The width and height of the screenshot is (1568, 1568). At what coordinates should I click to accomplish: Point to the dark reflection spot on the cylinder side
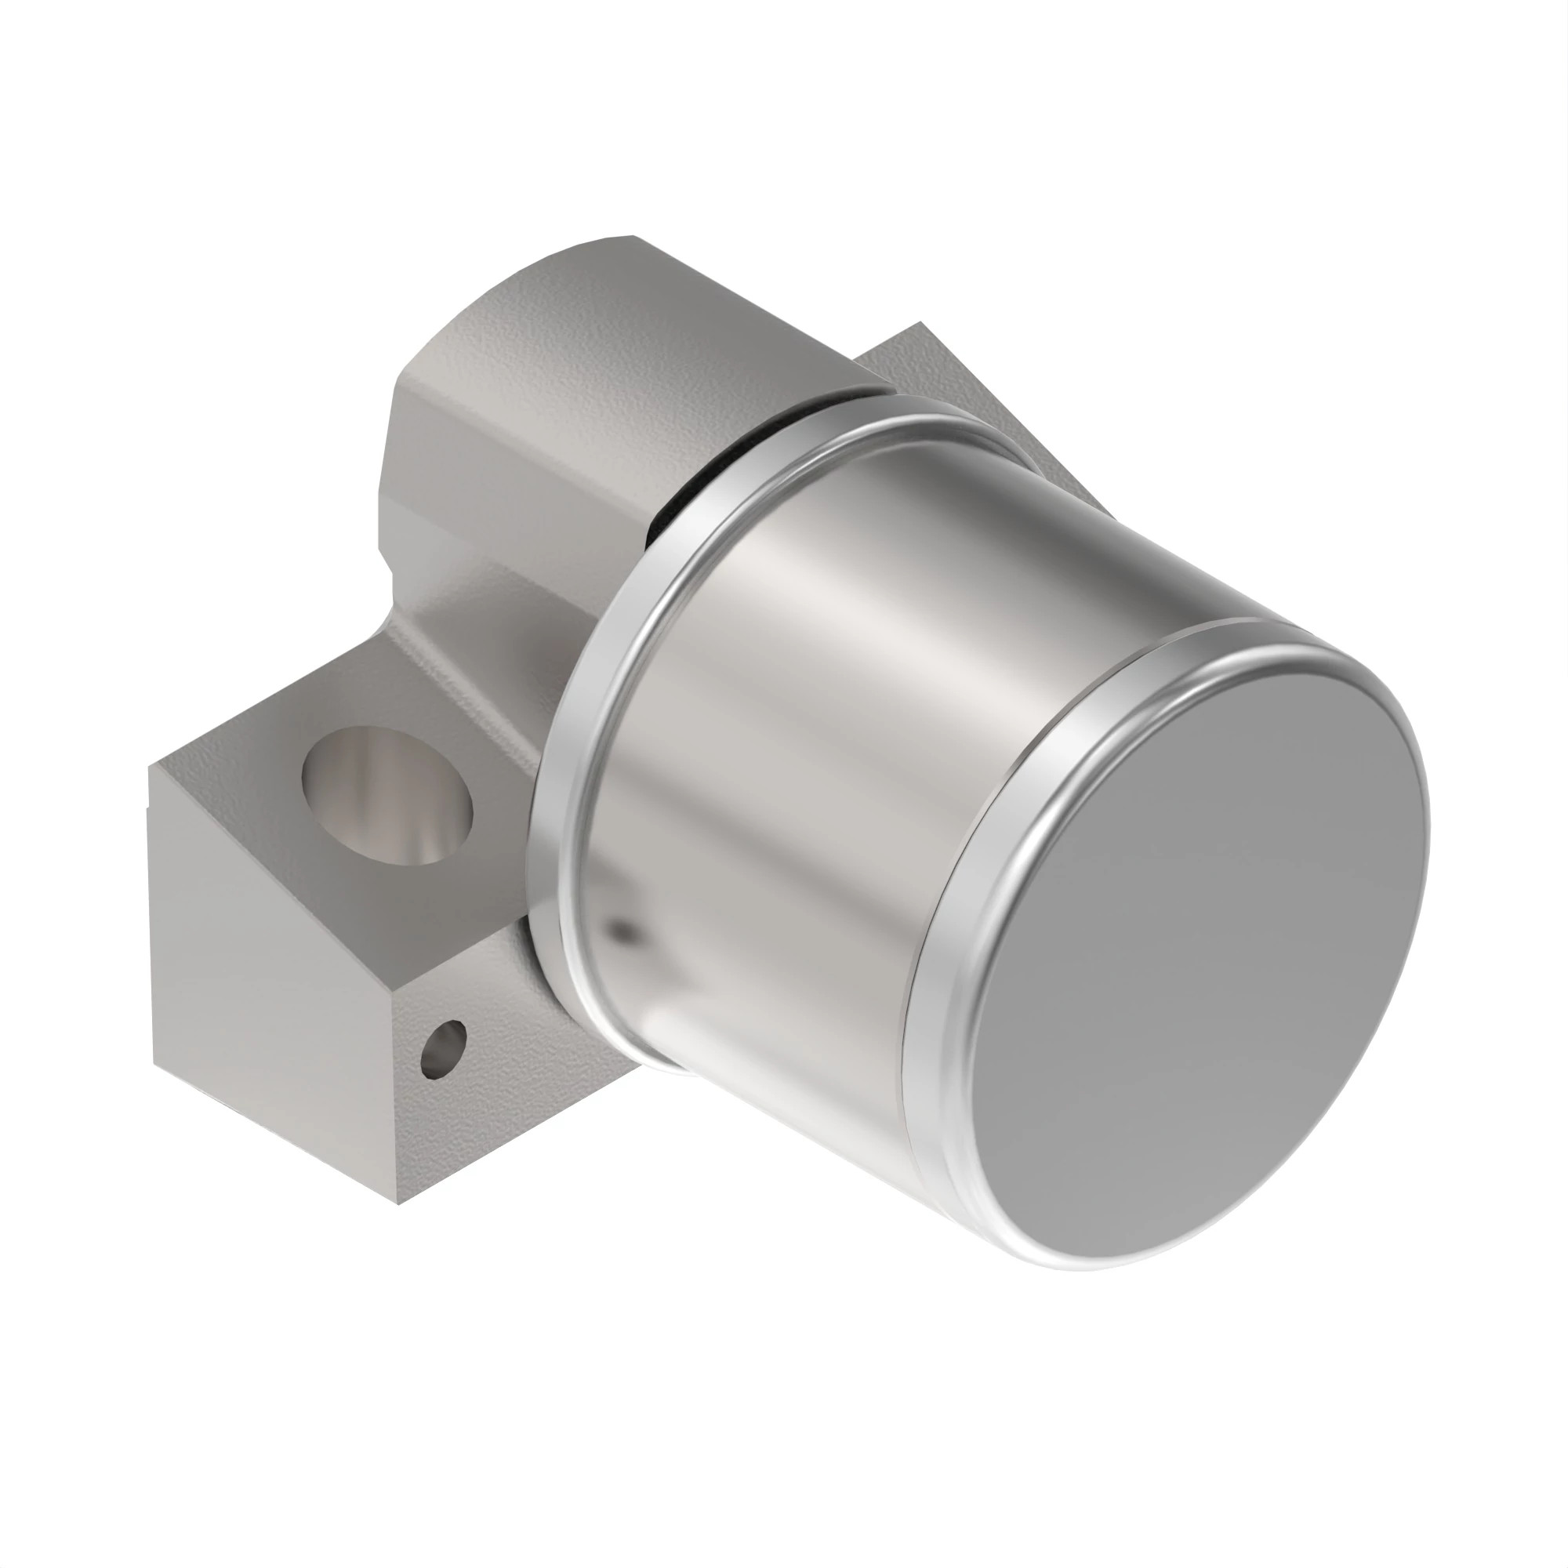click(x=622, y=930)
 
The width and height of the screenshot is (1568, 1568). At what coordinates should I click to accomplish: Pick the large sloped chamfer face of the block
click(x=268, y=958)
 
